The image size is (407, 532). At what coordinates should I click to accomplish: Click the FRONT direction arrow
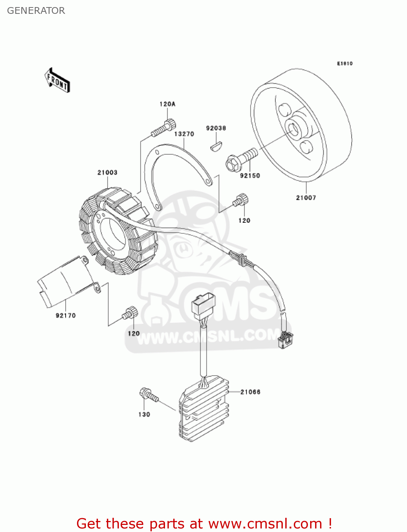point(57,81)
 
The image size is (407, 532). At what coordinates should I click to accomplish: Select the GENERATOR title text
point(36,11)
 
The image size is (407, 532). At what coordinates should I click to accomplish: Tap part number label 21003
point(107,173)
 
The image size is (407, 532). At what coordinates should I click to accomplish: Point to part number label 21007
point(306,198)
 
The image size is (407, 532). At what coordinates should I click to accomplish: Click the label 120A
point(167,104)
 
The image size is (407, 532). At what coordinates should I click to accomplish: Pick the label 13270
point(184,134)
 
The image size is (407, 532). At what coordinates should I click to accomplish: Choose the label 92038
point(216,128)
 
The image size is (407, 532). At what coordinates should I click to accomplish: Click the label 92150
point(250,176)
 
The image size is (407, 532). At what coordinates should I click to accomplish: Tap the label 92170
point(66,315)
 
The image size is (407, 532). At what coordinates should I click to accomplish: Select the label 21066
point(251,392)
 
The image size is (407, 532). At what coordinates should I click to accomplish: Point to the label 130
point(144,414)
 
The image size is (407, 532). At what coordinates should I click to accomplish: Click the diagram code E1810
point(345,63)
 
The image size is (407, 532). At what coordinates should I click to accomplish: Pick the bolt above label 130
point(149,395)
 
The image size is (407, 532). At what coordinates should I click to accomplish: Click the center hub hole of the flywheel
point(295,129)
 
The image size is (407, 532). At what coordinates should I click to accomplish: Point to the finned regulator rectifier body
point(204,411)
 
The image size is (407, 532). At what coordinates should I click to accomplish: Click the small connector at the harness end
point(285,339)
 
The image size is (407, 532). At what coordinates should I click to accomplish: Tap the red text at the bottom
point(204,523)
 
